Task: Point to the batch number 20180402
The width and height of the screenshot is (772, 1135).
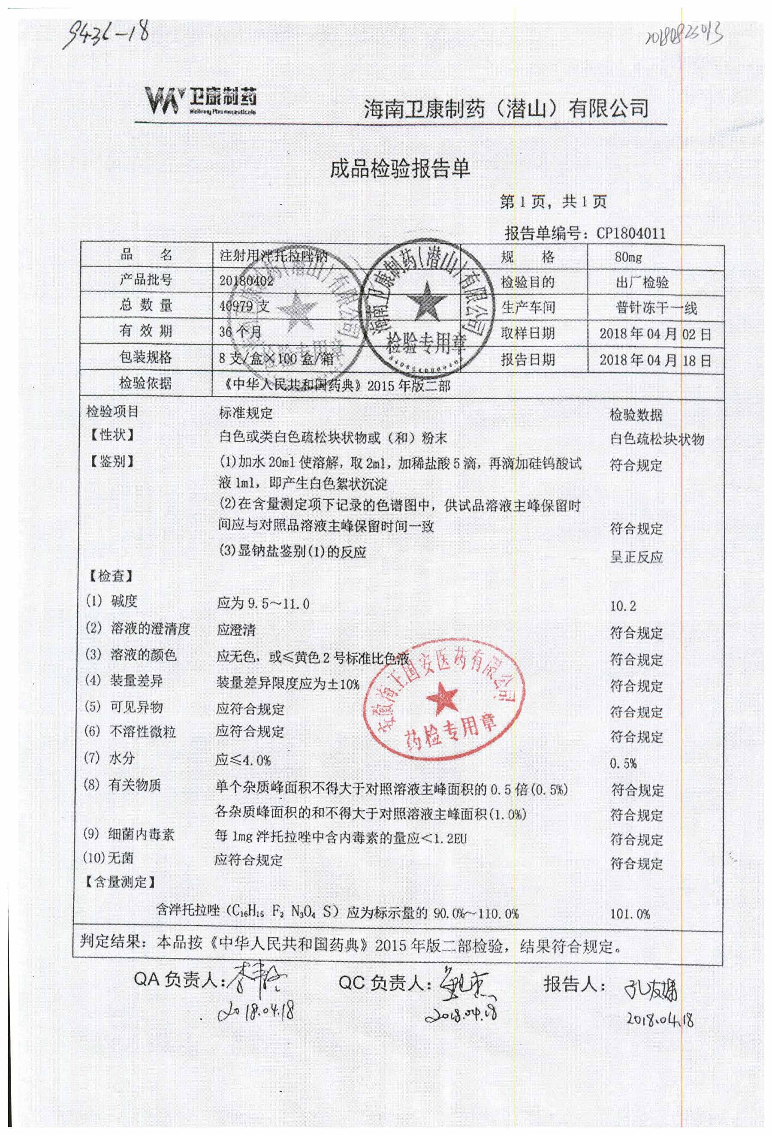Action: (246, 281)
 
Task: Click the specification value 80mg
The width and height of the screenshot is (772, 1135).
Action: (628, 257)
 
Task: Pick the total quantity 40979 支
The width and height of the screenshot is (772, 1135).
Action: (244, 306)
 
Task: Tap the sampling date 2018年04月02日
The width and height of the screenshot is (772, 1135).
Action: (655, 334)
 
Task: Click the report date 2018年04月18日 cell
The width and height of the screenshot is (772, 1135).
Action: (655, 360)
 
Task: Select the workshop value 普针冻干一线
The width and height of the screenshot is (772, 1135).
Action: (655, 308)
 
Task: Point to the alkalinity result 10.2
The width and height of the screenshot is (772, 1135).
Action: (623, 606)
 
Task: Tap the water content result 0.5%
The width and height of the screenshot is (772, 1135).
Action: (623, 763)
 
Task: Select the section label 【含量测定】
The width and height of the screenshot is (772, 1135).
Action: (120, 881)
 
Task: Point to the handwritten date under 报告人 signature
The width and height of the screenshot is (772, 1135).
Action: (660, 1019)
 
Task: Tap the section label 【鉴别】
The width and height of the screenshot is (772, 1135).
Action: (112, 461)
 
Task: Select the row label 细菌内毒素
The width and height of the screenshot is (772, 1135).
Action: (141, 834)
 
